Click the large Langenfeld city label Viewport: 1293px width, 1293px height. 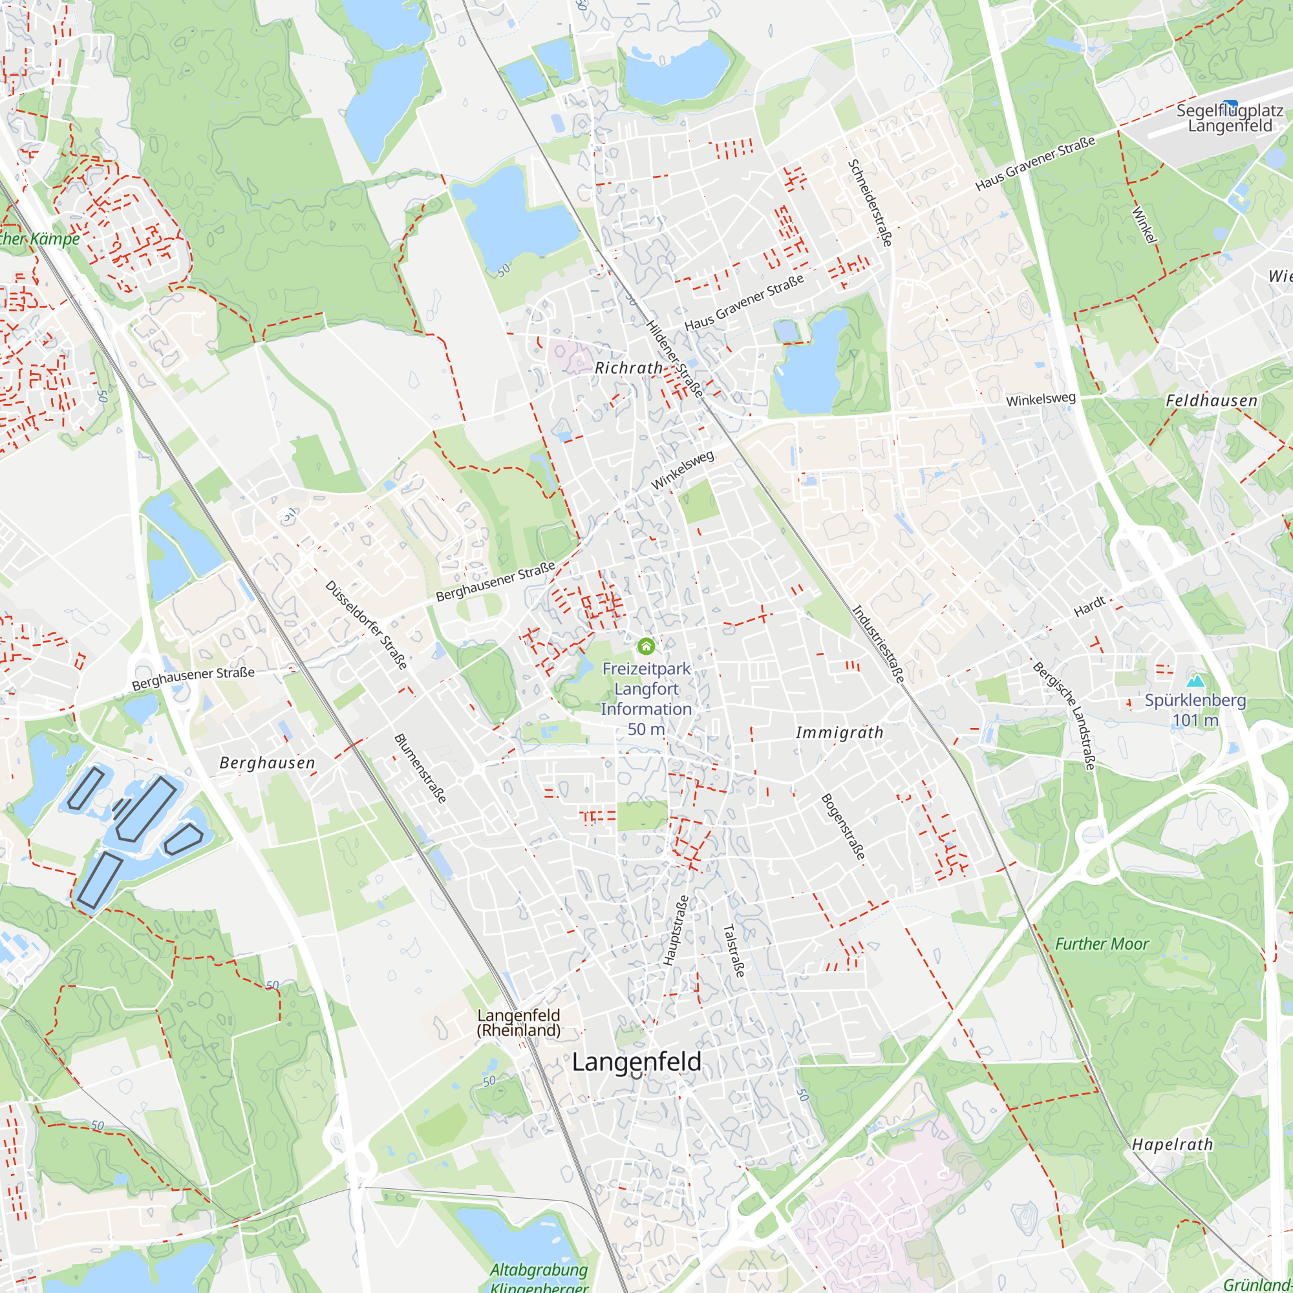click(636, 1062)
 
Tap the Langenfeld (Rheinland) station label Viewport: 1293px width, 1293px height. click(518, 1023)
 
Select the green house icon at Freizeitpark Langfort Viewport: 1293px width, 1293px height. click(646, 646)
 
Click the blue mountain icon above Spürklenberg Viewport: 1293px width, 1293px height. click(1195, 681)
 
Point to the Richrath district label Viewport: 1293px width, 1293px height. click(628, 368)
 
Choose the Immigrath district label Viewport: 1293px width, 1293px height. click(839, 733)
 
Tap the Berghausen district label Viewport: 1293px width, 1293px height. click(267, 763)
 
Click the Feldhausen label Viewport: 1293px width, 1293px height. click(1212, 401)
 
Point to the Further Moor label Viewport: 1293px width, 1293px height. click(1102, 945)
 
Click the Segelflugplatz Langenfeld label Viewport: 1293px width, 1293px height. click(1230, 118)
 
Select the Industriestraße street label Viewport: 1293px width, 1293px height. click(878, 644)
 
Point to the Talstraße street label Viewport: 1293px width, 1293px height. click(734, 950)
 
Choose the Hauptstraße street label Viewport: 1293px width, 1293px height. click(676, 930)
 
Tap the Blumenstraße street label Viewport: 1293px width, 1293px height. click(420, 767)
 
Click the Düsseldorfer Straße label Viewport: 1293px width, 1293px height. click(366, 625)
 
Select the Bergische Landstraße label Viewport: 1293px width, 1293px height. click(1063, 716)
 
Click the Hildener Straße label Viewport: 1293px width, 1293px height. click(674, 359)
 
